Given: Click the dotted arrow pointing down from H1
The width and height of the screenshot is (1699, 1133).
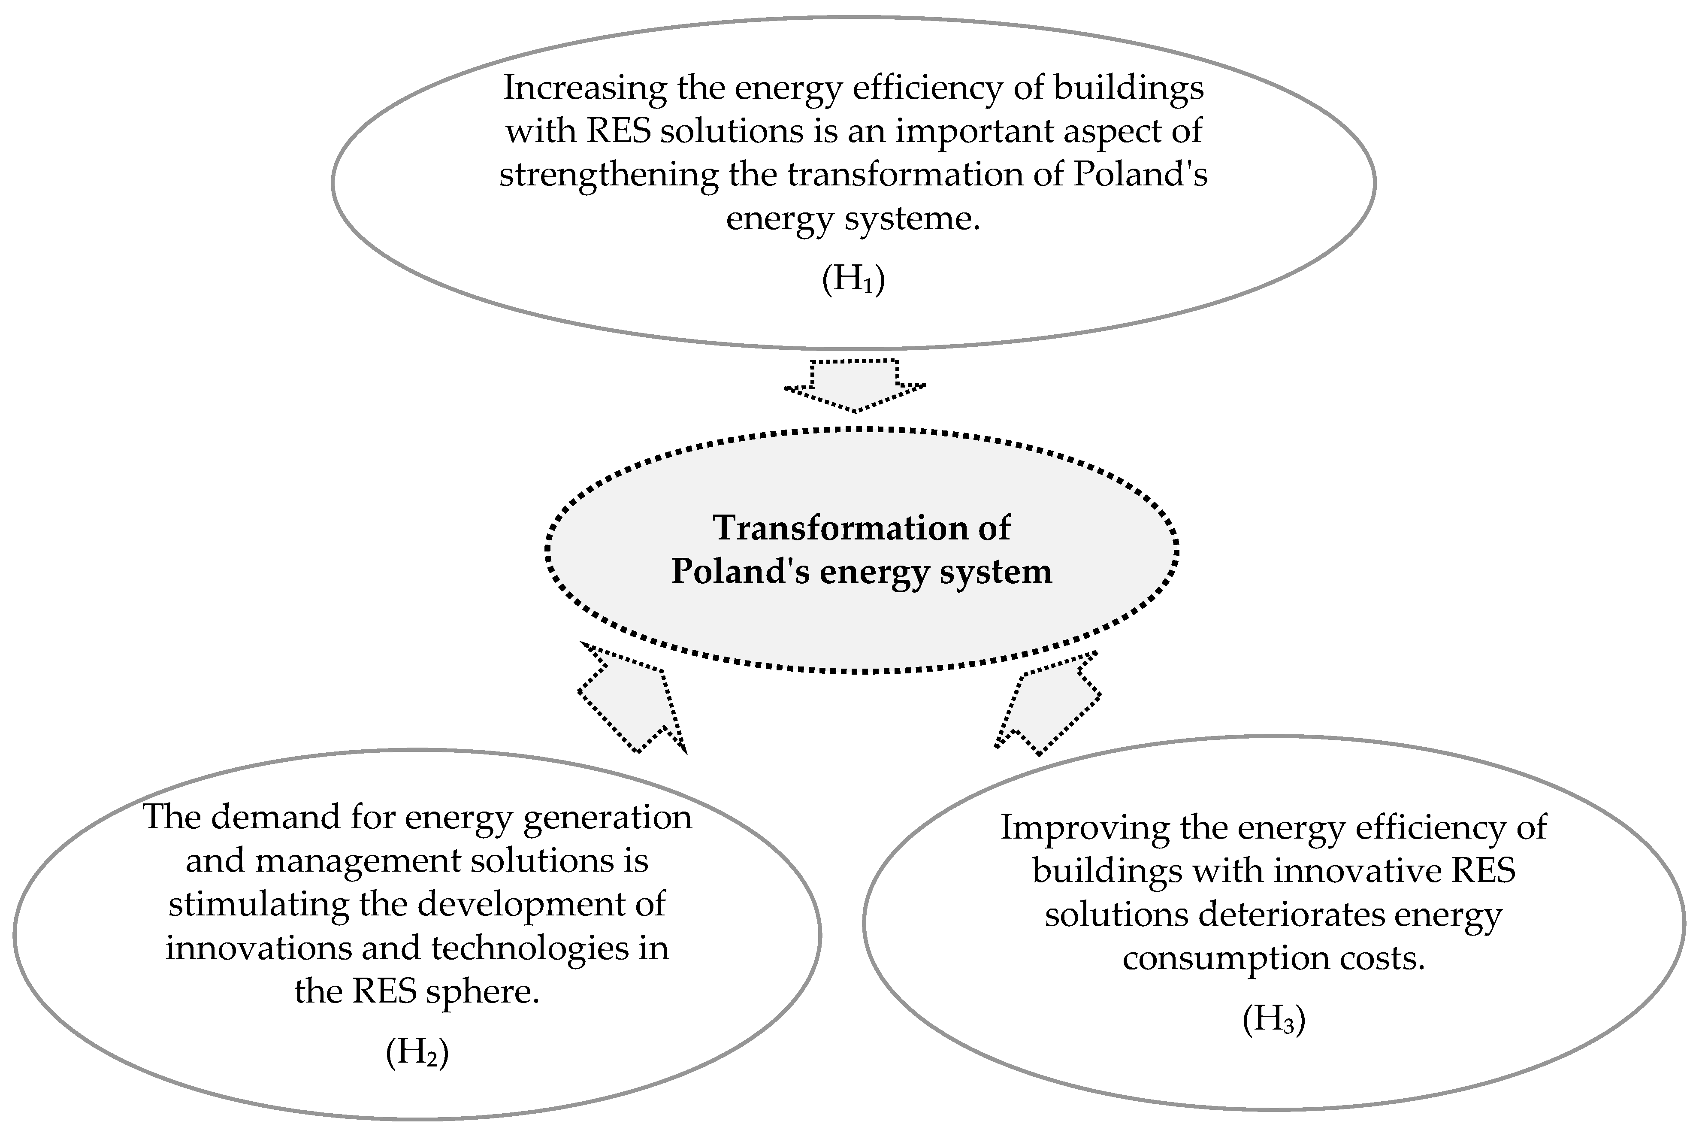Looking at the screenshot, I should (x=855, y=385).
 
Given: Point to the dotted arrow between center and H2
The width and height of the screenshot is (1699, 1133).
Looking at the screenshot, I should (x=631, y=698).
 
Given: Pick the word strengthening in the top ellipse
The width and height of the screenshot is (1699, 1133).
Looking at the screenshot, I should (x=608, y=175).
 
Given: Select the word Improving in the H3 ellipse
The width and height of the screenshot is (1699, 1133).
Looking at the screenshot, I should (x=1084, y=828).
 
